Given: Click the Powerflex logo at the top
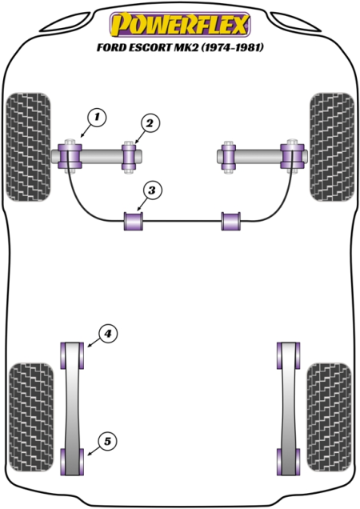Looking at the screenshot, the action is coord(180,24).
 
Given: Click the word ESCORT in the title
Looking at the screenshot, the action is coord(148,47).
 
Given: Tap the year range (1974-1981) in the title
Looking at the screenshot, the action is coord(233,47).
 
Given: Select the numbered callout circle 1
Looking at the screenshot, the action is coord(97,117).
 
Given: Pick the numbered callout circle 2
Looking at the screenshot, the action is coord(150,123).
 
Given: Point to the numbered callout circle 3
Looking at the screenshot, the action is coord(151,190).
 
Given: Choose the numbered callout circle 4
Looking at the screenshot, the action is coord(107,334).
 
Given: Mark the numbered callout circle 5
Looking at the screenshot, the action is coord(107,442).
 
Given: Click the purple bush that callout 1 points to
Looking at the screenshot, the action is coord(70,156).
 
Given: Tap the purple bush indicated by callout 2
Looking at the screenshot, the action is coord(129,157).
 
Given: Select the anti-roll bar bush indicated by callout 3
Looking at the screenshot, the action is coord(134,221).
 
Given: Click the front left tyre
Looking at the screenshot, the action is coord(29,146).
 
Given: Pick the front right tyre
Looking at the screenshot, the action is coord(332,146).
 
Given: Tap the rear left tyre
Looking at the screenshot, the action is coord(31,417).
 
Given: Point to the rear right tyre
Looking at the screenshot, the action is coord(329,417).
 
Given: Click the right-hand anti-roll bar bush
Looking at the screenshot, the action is coord(231,221).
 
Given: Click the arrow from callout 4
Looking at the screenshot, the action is coord(93,343).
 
